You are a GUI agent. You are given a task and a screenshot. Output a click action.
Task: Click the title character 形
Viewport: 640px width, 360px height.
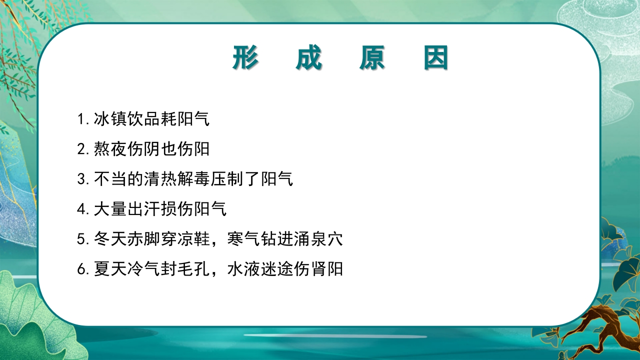pos(245,58)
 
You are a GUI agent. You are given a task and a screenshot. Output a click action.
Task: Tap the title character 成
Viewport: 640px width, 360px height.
pos(309,58)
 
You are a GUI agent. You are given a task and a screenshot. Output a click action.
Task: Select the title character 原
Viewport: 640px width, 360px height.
pos(372,58)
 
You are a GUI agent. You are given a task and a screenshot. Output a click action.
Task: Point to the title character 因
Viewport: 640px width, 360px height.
pos(435,58)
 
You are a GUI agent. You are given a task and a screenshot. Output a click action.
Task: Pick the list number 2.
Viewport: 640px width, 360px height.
pos(82,149)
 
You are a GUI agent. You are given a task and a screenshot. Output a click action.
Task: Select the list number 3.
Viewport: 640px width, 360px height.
pos(82,179)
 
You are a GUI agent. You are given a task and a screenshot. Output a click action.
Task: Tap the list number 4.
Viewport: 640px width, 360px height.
pos(82,209)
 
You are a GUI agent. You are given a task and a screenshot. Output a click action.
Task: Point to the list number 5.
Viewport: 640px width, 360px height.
pos(82,239)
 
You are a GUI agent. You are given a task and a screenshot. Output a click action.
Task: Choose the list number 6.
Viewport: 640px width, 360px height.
pos(82,269)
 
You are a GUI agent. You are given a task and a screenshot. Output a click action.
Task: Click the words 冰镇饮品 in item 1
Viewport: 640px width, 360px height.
pos(126,119)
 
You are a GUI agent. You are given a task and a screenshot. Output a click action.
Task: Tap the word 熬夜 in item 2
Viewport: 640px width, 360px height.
pos(110,149)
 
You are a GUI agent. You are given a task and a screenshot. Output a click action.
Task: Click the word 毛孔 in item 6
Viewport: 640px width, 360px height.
pos(193,269)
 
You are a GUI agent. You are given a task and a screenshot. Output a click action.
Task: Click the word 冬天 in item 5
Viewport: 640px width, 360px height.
pos(110,239)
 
